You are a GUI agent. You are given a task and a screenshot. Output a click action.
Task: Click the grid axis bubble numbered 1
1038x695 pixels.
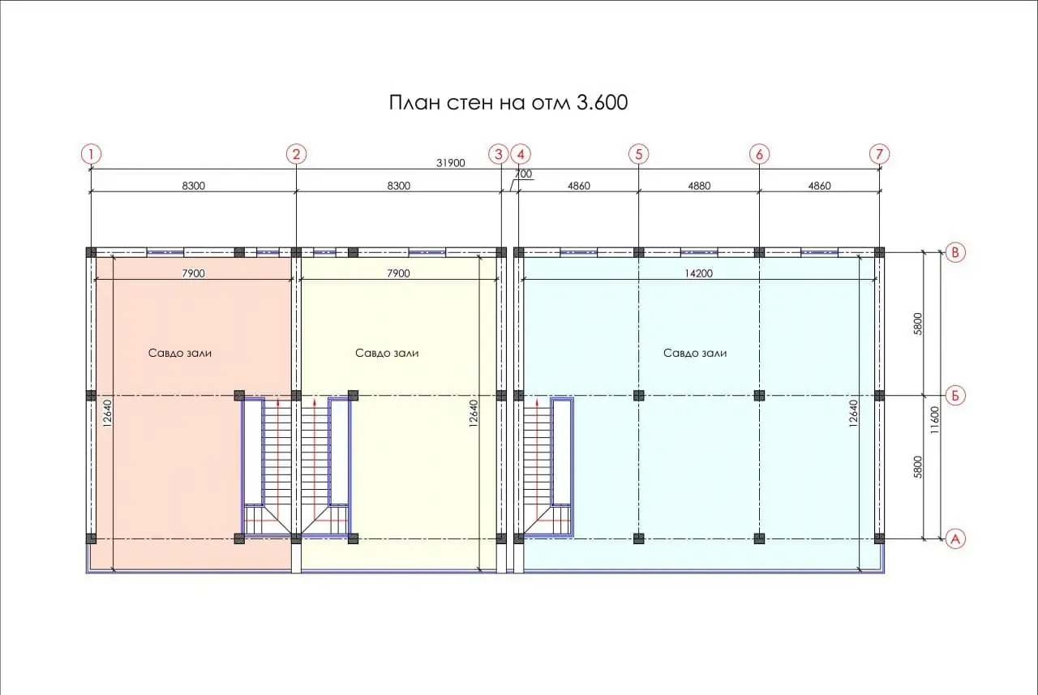(91, 154)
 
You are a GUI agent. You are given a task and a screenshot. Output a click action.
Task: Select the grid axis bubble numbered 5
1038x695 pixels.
(638, 154)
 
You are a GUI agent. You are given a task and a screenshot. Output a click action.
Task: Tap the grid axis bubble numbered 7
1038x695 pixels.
(880, 154)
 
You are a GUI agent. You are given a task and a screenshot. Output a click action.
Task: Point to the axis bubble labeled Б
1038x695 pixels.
(955, 396)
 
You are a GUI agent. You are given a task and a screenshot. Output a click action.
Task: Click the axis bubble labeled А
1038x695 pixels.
(955, 538)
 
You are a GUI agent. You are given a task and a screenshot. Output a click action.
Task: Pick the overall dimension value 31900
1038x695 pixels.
(450, 163)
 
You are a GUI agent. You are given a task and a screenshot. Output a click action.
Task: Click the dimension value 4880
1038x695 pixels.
(699, 186)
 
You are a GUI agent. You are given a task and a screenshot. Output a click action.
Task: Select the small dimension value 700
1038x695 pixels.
(524, 174)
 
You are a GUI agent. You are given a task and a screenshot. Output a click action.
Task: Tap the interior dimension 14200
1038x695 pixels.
(698, 273)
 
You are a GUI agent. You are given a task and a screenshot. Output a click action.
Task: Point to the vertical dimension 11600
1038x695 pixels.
(935, 420)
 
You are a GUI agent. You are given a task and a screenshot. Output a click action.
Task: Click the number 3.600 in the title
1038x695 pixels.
(602, 103)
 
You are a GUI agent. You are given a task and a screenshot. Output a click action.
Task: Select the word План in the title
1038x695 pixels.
(414, 103)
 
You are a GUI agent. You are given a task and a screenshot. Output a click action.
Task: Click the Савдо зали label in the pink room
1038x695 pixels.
(180, 353)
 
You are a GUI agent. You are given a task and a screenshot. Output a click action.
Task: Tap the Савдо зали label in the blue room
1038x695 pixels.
(695, 353)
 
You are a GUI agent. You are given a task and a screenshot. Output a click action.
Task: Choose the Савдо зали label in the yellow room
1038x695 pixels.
(387, 353)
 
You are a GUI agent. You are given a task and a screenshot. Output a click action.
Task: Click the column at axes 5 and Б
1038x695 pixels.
(638, 396)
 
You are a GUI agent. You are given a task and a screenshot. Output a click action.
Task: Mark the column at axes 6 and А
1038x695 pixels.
(759, 538)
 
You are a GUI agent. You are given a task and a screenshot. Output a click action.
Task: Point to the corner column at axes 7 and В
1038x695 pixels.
(880, 252)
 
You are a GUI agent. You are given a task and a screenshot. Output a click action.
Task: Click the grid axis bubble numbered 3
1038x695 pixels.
(499, 154)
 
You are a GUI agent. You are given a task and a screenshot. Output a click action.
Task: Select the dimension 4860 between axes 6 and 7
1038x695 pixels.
(819, 186)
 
